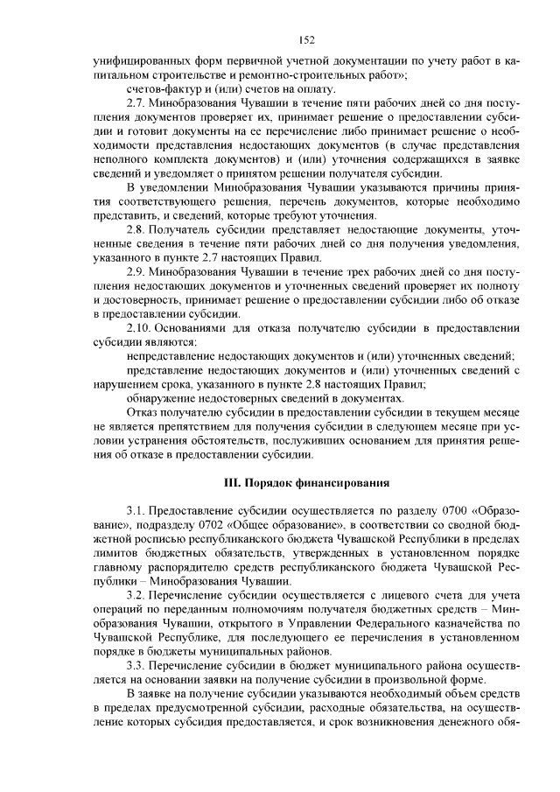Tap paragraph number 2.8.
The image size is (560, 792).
click(138, 229)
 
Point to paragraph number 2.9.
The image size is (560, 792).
click(138, 272)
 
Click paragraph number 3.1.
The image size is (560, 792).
click(138, 510)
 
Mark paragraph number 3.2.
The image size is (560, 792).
click(138, 594)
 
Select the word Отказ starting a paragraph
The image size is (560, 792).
click(142, 412)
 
